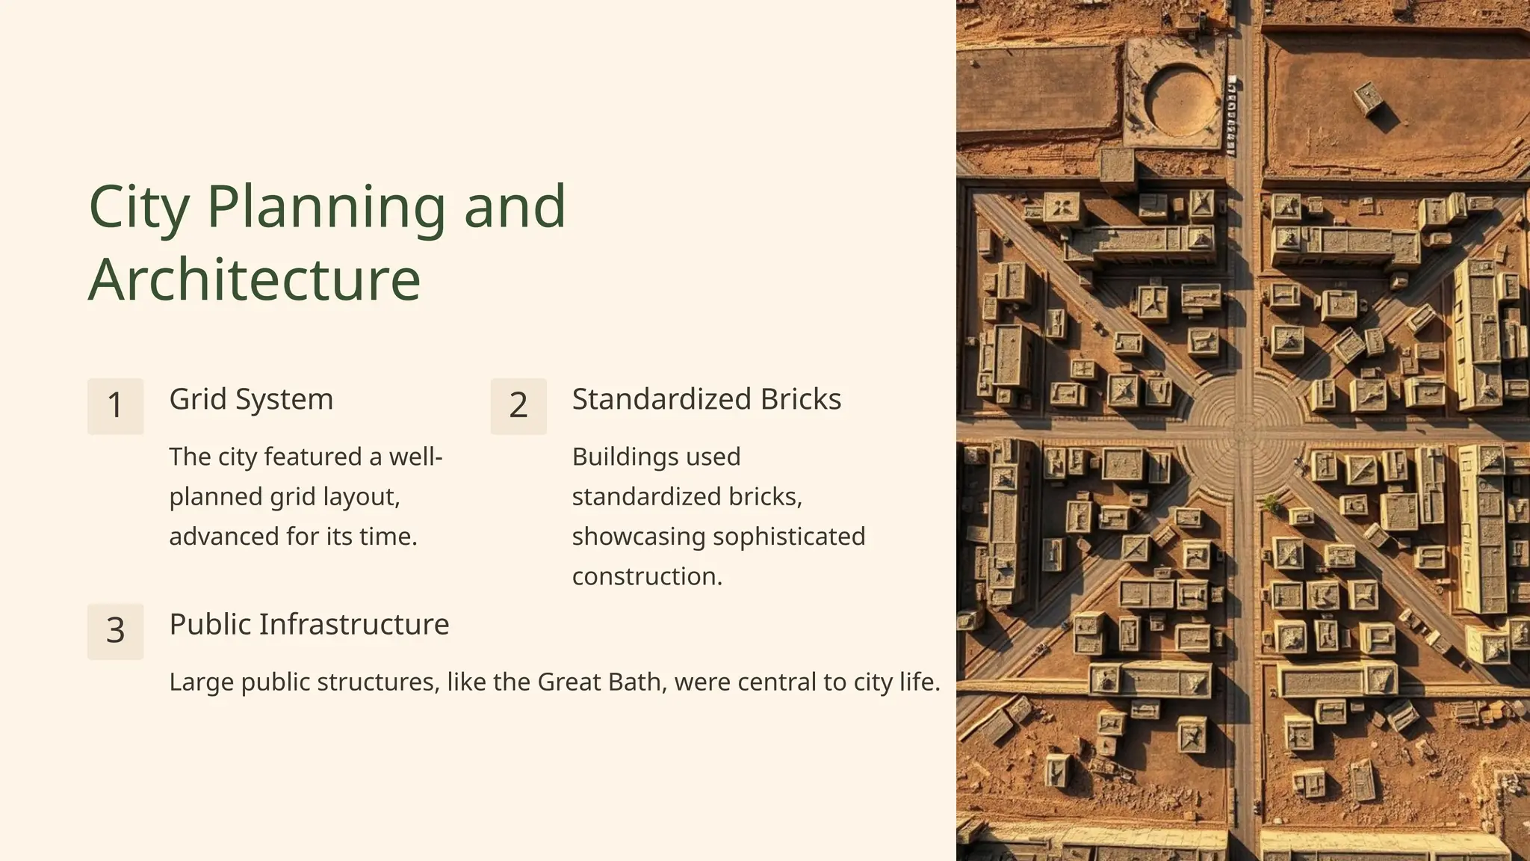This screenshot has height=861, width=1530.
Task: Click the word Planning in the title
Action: pyautogui.click(x=326, y=207)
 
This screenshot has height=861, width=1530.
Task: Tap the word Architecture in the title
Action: pyautogui.click(x=254, y=279)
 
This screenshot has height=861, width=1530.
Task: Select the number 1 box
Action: pyautogui.click(x=115, y=406)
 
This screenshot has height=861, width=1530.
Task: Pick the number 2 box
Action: pyautogui.click(x=518, y=406)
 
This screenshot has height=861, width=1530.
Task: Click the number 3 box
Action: pyautogui.click(x=115, y=631)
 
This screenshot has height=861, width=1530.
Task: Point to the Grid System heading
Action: pyautogui.click(x=251, y=399)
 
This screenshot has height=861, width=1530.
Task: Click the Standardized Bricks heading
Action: pyautogui.click(x=706, y=399)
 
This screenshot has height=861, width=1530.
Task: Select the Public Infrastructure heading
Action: pyautogui.click(x=309, y=624)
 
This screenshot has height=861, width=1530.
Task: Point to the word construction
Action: pyautogui.click(x=646, y=576)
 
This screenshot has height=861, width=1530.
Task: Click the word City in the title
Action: pyautogui.click(x=139, y=207)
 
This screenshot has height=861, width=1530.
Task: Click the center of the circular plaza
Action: pyautogui.click(x=1244, y=430)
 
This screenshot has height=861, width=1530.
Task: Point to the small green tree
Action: pyautogui.click(x=1271, y=504)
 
